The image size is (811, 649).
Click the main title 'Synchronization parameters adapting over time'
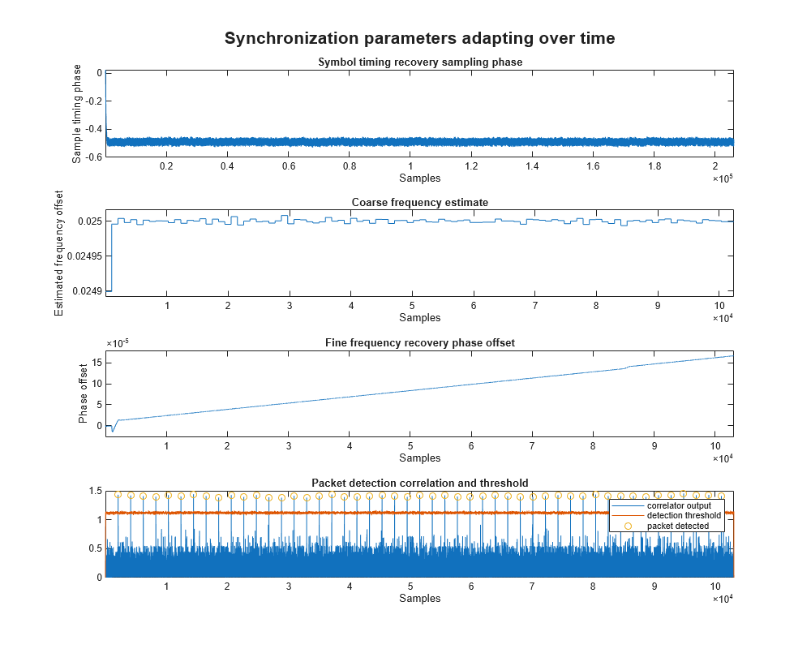[x=419, y=38]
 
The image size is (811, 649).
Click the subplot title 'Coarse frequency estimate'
[x=419, y=202]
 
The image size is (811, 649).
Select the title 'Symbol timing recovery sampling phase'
[x=419, y=62]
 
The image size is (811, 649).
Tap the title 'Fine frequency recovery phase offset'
[x=419, y=342]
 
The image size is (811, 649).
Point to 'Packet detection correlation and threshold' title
[x=419, y=483]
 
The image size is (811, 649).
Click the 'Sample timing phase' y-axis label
[x=77, y=114]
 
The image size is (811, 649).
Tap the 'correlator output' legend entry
[x=679, y=506]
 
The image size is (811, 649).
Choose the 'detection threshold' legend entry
[x=684, y=516]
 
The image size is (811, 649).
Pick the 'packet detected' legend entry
[x=678, y=526]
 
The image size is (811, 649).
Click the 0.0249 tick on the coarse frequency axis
[x=87, y=290]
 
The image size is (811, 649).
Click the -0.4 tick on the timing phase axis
[x=91, y=128]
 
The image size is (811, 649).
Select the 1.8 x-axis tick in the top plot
[x=654, y=165]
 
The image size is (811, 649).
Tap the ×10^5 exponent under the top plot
[x=723, y=178]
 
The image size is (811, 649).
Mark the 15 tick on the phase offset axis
[x=95, y=362]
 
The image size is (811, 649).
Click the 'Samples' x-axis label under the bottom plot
[x=419, y=598]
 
